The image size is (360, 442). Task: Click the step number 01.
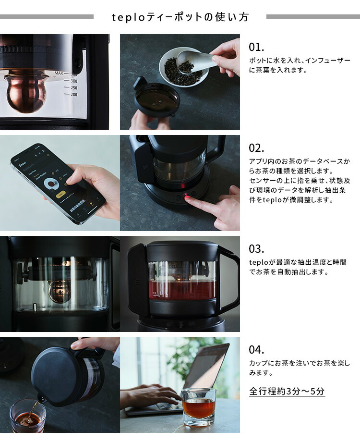(x=256, y=48)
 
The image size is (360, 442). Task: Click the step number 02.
(x=256, y=148)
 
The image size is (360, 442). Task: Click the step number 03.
(x=256, y=249)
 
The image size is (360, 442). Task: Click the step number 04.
(x=256, y=350)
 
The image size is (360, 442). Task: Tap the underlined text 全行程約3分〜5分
(x=287, y=391)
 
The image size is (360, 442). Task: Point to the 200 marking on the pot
(x=73, y=95)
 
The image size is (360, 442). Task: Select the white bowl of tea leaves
(x=185, y=70)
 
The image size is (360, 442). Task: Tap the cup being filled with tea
(x=27, y=417)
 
